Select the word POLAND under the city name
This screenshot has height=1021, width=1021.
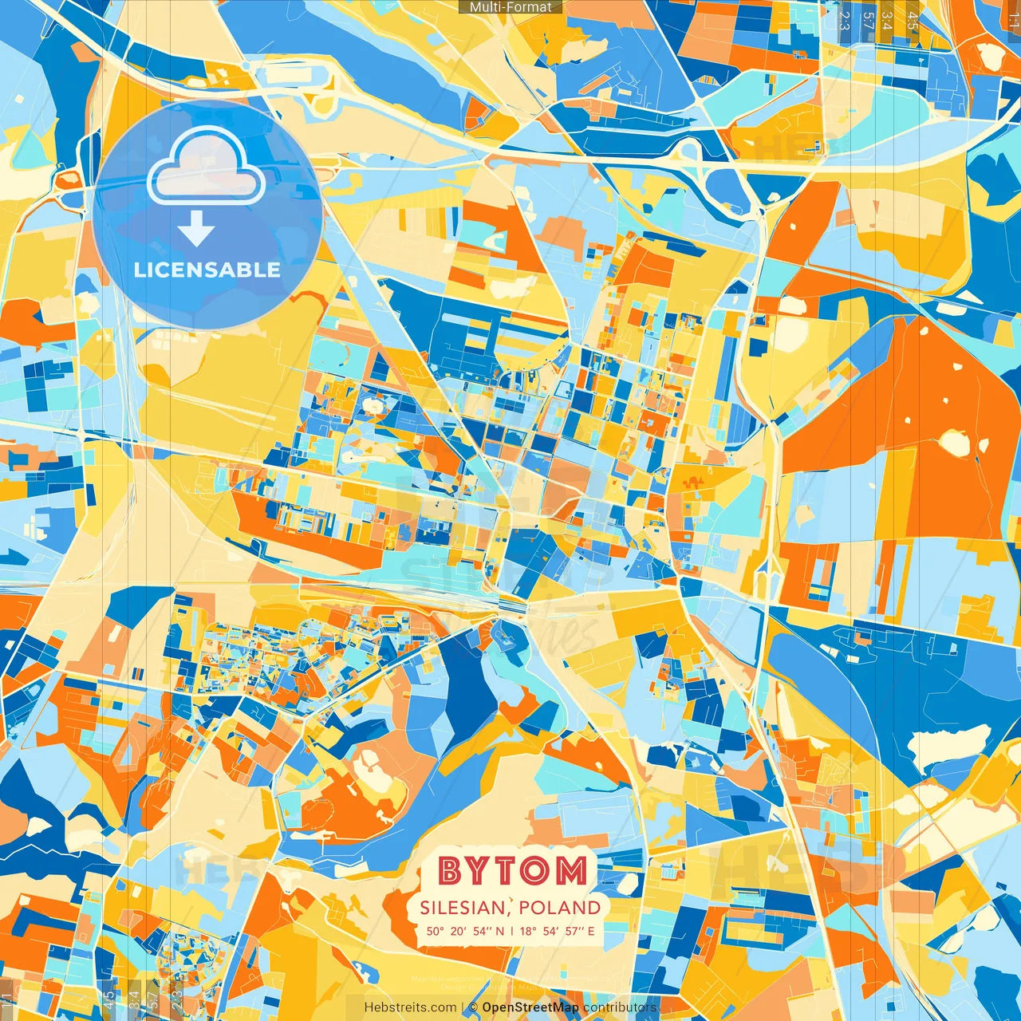coord(559,908)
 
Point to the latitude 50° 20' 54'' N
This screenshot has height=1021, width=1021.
coord(464,931)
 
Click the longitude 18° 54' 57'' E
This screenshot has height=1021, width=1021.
coord(558,931)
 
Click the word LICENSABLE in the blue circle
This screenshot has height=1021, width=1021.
coord(207,270)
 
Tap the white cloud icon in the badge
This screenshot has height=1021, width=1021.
coord(207,166)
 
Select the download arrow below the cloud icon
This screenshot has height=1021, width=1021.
coord(196,228)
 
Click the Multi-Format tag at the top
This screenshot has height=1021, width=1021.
coord(510,7)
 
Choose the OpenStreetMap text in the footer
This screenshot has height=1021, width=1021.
coord(530,1007)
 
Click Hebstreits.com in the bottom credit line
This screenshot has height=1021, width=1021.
coord(411,1007)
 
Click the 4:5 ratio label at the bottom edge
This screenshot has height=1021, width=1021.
coord(109,999)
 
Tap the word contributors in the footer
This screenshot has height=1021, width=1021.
coord(620,1007)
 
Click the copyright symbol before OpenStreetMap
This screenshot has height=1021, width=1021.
coord(473,1007)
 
